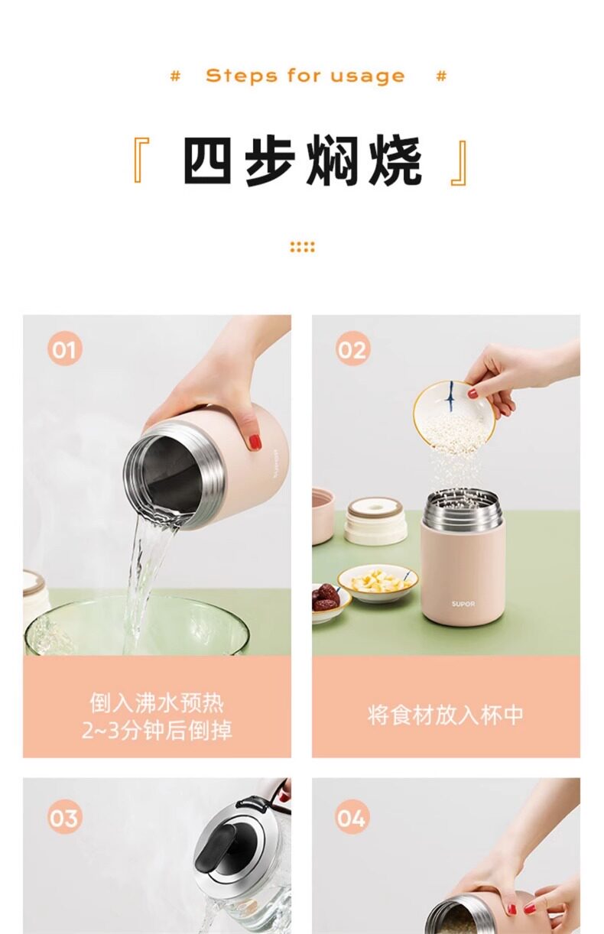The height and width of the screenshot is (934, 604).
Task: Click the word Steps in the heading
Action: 241,76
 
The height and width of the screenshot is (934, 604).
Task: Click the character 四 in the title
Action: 207,161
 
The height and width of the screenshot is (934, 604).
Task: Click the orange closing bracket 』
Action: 460,164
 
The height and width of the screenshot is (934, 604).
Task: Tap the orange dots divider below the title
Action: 302,247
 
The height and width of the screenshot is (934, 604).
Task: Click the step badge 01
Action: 64,349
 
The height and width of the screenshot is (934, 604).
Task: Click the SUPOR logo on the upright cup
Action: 463,604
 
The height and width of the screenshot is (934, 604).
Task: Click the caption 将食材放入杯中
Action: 445,715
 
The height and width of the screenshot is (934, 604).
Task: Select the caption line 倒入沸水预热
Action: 157,703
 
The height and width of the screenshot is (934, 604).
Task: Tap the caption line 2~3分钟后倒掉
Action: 157,730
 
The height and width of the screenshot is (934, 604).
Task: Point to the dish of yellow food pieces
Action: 378,583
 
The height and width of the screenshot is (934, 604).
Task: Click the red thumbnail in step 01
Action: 255,442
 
